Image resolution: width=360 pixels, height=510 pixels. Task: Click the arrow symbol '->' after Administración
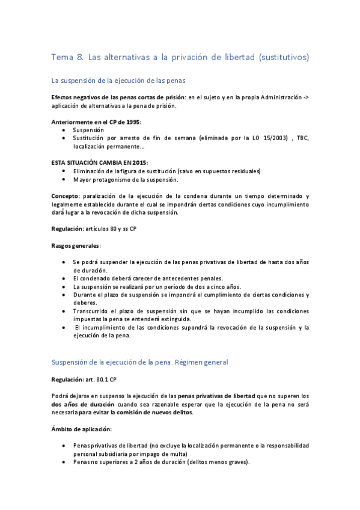[305, 97]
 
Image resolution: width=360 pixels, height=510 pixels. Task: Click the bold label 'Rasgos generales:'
[76, 245]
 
